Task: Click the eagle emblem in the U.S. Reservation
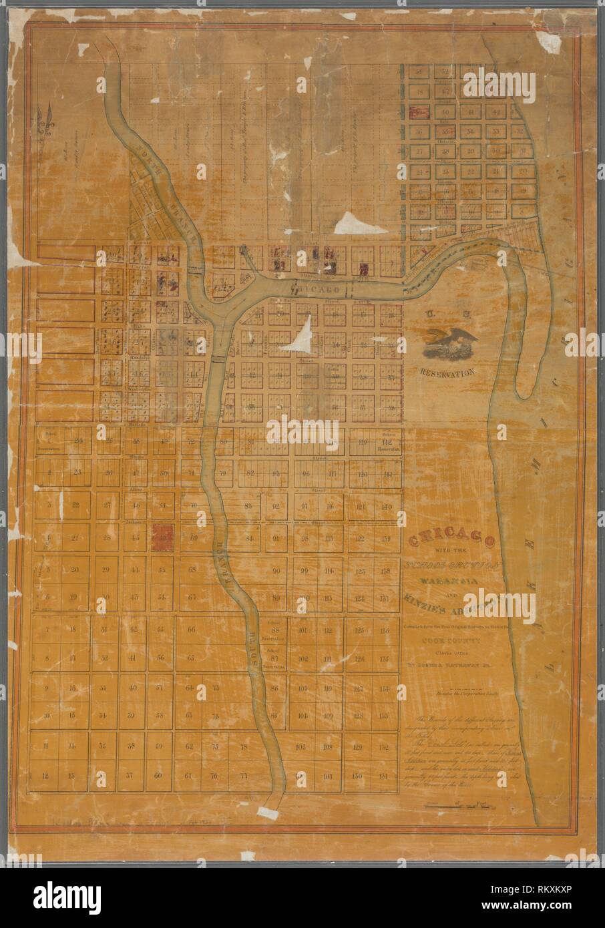(x=449, y=344)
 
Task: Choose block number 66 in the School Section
(x=191, y=630)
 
